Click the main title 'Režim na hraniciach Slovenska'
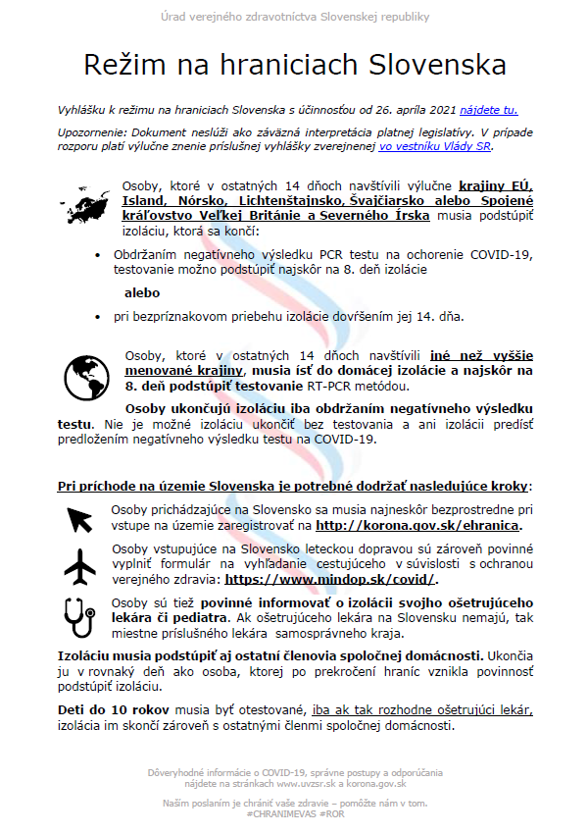[294, 66]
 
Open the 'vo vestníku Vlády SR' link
[435, 147]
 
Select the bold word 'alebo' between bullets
[142, 292]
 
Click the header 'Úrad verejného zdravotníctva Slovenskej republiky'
[294, 18]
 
